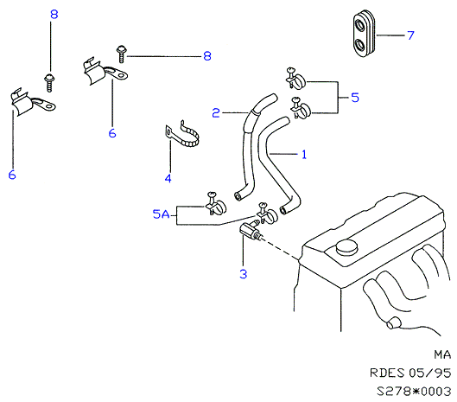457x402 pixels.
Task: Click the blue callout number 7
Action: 410,35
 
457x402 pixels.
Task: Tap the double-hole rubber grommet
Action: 364,34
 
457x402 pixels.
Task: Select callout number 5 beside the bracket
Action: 355,98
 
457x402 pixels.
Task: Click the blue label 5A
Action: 161,214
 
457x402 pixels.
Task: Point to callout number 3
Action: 244,274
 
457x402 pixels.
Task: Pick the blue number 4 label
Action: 168,179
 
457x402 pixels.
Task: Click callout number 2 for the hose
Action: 216,113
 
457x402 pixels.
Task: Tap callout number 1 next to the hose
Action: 304,155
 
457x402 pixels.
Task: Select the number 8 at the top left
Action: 54,14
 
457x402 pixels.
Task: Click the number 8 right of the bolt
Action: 207,56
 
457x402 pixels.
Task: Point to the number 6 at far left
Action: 12,175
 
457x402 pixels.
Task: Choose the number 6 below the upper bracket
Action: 112,133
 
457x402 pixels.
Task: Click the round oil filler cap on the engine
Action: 346,248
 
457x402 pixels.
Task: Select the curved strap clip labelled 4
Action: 182,134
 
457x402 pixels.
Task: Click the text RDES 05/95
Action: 410,373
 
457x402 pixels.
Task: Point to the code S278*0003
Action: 414,392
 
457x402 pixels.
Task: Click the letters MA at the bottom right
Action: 442,354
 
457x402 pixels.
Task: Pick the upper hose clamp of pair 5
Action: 295,79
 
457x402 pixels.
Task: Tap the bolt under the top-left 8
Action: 50,83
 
